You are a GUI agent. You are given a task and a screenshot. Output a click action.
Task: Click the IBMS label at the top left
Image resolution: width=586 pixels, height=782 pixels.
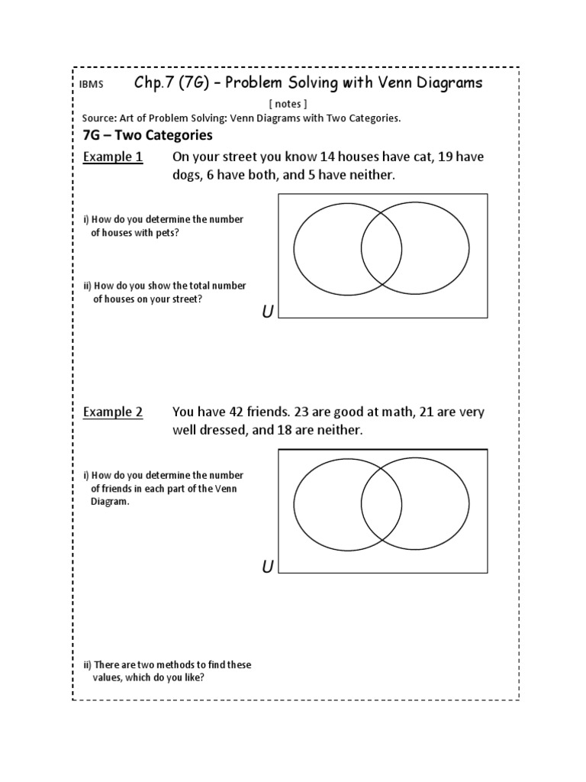tap(92, 86)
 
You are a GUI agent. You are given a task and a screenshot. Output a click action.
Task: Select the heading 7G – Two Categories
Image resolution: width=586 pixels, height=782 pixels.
tap(146, 136)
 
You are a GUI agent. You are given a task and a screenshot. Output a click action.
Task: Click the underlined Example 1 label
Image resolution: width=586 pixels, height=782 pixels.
tap(112, 157)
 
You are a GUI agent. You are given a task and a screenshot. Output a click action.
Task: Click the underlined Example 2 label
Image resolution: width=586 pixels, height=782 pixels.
tap(112, 412)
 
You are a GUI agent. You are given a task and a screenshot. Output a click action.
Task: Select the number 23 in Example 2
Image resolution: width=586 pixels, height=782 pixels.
tap(311, 412)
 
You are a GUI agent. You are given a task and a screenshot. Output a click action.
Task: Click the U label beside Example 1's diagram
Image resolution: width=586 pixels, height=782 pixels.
tap(267, 312)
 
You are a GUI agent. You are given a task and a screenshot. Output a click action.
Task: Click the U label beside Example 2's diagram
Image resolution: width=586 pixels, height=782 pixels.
tap(267, 567)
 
